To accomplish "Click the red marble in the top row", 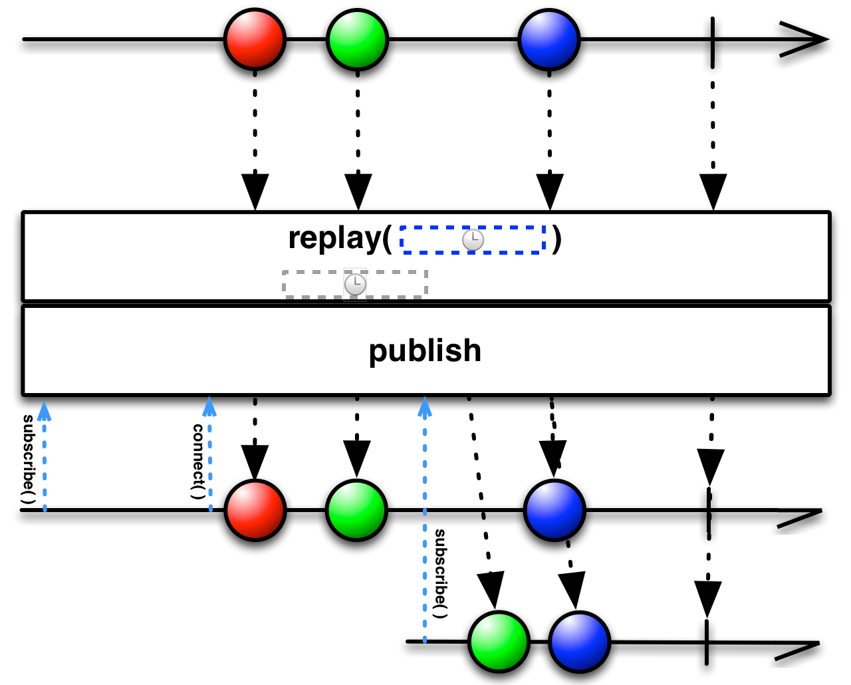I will pyautogui.click(x=255, y=39).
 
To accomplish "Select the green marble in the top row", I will pyautogui.click(x=357, y=39).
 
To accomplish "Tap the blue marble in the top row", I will pyautogui.click(x=548, y=39).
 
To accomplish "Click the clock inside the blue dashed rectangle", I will pyautogui.click(x=473, y=240).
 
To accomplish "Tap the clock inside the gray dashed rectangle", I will pyautogui.click(x=355, y=285).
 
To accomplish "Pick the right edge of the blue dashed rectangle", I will pyautogui.click(x=544, y=239).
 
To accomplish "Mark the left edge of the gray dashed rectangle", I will pyautogui.click(x=285, y=284).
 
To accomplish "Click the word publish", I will pyautogui.click(x=425, y=350).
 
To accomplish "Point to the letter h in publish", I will pyautogui.click(x=473, y=350).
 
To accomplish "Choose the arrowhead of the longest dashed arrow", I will pyautogui.click(x=425, y=406).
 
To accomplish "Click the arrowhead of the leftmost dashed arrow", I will pyautogui.click(x=44, y=411).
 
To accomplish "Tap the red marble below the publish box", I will pyautogui.click(x=255, y=510).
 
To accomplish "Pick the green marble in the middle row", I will pyautogui.click(x=356, y=510).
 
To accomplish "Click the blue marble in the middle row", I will pyautogui.click(x=554, y=510).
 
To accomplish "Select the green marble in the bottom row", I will pyautogui.click(x=499, y=642).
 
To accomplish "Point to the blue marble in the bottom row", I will pyautogui.click(x=579, y=642).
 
